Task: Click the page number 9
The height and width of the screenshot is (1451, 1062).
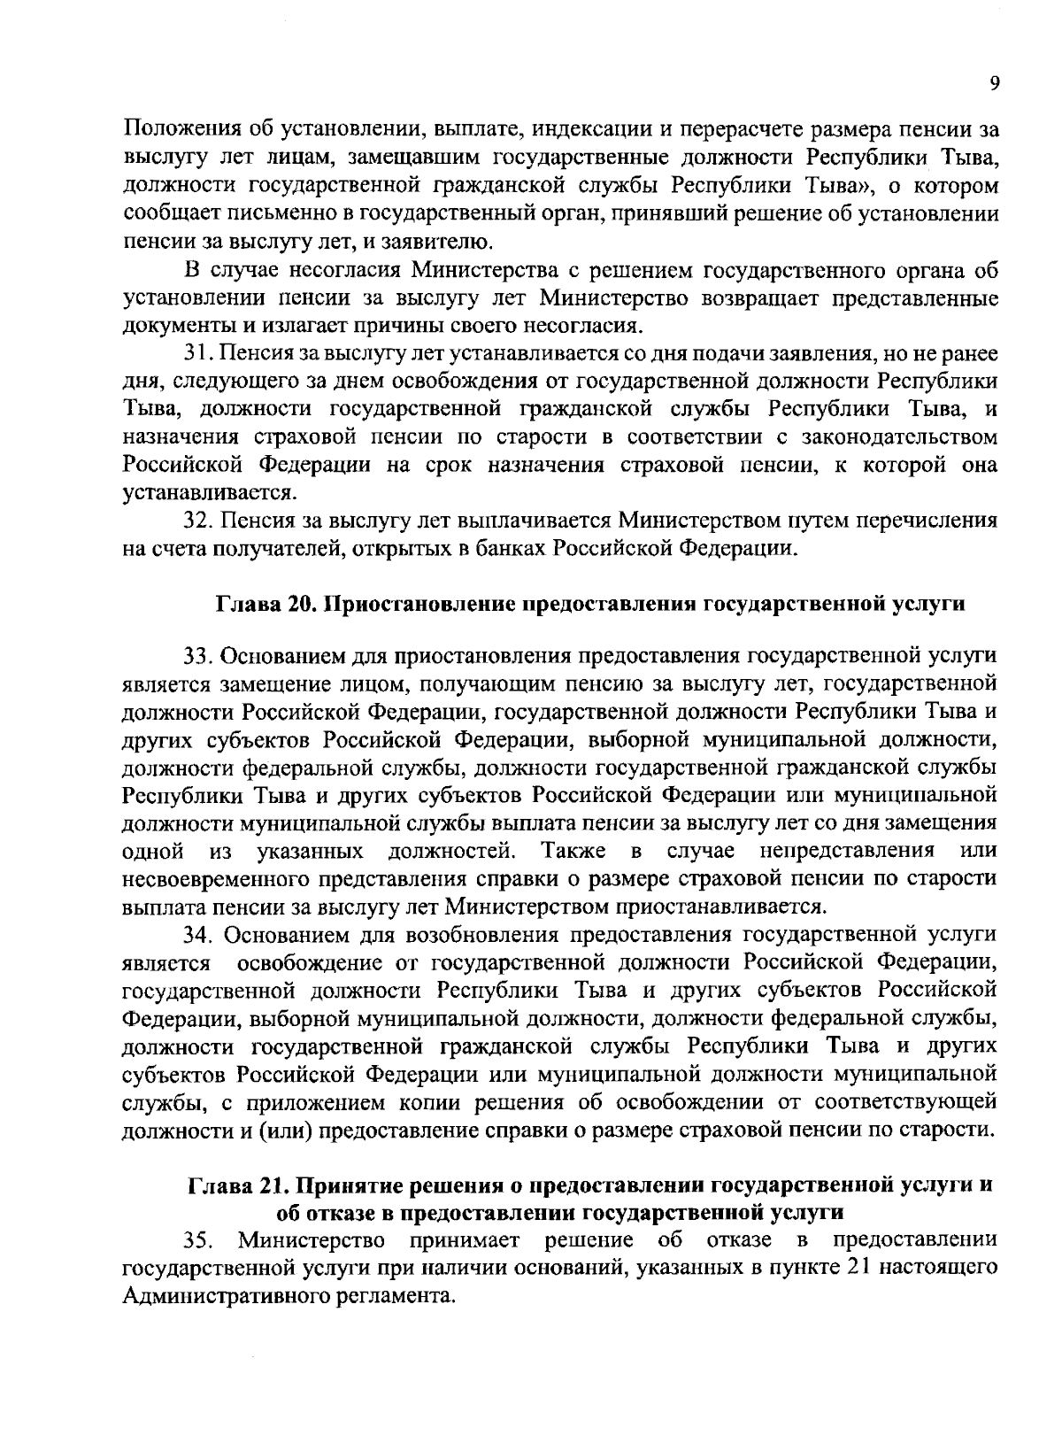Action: [x=994, y=83]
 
